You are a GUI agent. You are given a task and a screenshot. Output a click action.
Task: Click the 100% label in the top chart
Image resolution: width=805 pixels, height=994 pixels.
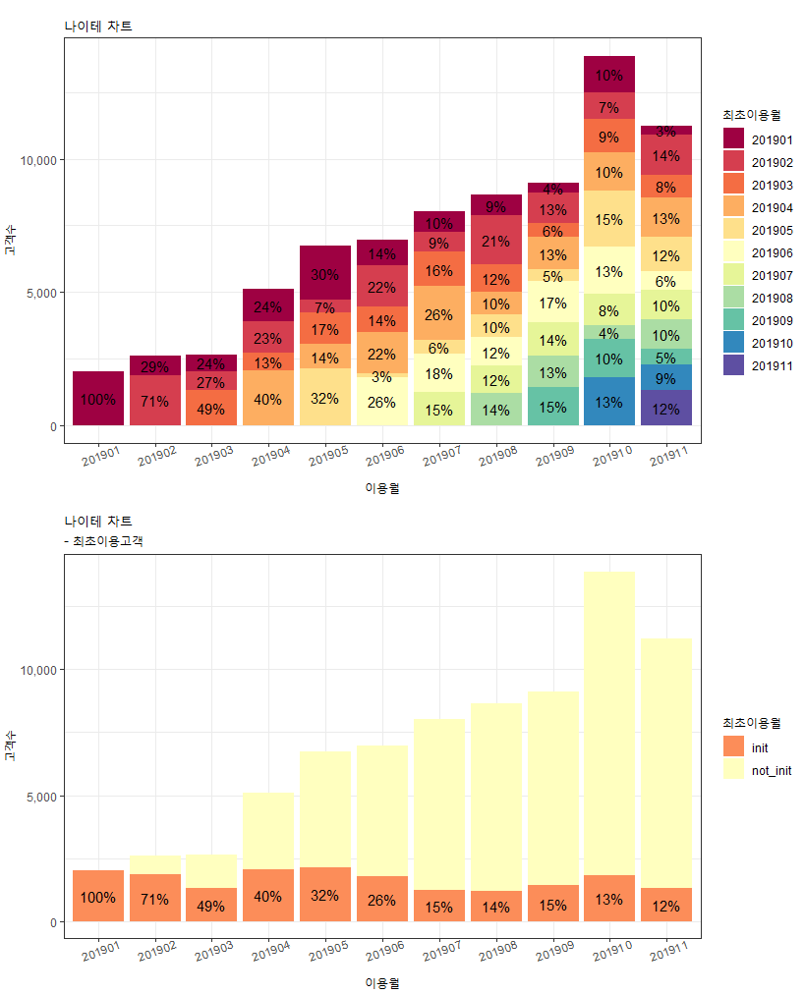(98, 400)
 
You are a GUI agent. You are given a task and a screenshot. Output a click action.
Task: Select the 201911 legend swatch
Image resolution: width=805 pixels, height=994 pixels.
(733, 366)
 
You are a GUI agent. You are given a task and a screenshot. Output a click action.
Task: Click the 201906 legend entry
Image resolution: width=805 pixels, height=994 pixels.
(772, 253)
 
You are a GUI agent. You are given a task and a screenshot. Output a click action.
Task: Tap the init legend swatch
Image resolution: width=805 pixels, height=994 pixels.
(733, 748)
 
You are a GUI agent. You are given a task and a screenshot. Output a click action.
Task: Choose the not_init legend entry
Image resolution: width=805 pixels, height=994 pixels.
(772, 771)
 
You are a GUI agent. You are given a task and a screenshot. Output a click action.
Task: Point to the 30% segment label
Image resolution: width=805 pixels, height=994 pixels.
(325, 274)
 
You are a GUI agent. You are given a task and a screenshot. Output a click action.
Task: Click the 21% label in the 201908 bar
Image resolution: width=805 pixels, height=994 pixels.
(496, 242)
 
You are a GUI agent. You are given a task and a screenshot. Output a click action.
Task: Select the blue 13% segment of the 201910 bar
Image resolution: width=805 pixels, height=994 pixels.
(608, 402)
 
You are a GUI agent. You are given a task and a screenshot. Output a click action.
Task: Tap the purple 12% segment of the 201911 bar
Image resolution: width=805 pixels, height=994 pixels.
(665, 409)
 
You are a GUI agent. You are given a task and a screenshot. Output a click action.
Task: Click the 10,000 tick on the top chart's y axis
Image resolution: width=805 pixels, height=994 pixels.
(41, 159)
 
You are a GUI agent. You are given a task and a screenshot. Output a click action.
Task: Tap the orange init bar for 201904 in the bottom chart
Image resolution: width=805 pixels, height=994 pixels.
(268, 896)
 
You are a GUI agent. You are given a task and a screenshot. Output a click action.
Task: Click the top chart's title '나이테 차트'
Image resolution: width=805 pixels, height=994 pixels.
(98, 27)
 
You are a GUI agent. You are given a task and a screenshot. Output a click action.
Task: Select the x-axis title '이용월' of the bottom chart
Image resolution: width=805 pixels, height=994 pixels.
(381, 982)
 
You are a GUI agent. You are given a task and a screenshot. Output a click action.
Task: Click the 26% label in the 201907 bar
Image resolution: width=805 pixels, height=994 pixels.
(439, 315)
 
